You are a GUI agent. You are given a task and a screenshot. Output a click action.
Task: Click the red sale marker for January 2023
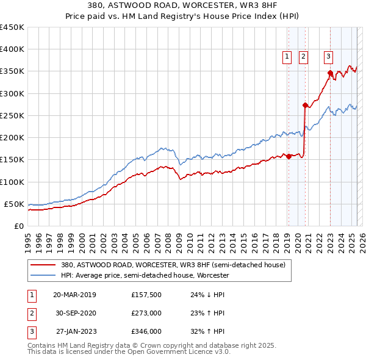330,73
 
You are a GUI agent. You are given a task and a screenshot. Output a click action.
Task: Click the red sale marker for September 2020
305,106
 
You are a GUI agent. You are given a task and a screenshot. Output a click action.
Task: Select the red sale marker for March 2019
289,157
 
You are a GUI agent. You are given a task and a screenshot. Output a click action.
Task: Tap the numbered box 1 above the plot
287,57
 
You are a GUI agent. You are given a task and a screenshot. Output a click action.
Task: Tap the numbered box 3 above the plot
328,57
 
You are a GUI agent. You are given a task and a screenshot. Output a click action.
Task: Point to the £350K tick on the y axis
12,71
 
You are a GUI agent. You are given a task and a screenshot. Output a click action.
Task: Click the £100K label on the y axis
12,182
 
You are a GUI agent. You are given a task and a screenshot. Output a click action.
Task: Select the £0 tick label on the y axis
18,226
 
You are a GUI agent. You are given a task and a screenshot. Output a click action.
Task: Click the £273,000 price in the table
146,313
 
